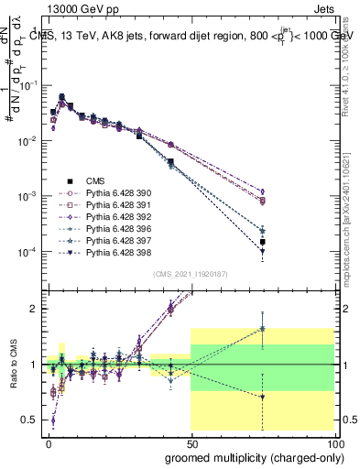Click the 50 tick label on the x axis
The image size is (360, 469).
tap(191, 442)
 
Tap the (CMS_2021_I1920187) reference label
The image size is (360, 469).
tap(191, 274)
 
